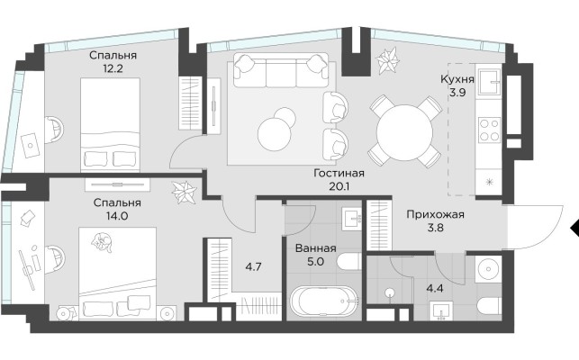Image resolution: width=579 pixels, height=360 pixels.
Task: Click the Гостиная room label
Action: click(x=339, y=174)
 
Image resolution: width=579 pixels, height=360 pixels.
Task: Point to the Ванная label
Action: click(x=315, y=248)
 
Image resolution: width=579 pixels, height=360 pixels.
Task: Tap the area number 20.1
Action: click(x=339, y=187)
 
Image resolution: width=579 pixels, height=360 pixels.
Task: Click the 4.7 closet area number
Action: click(x=255, y=265)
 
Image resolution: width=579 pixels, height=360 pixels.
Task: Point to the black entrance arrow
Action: click(x=574, y=225)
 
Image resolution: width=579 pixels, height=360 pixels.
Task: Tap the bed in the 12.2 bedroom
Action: click(x=111, y=124)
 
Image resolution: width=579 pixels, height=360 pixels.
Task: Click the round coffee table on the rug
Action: click(x=276, y=133)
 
